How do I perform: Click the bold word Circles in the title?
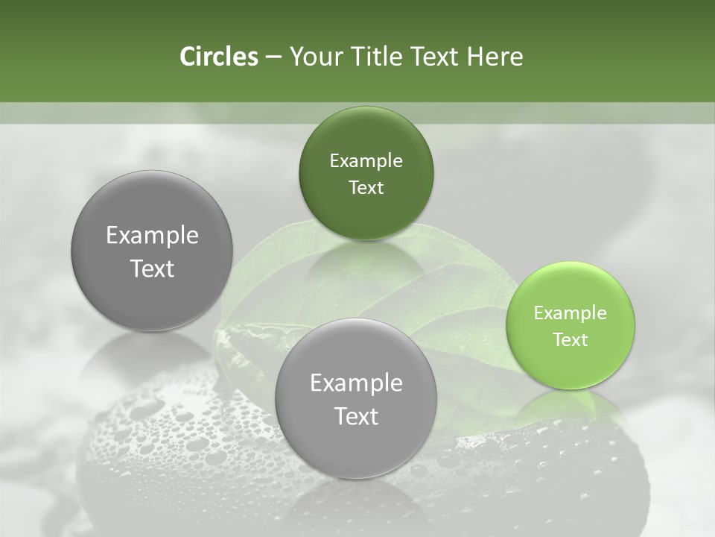(218, 57)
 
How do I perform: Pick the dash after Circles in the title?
(273, 57)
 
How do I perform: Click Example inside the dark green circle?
(366, 161)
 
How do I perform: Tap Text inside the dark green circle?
(366, 187)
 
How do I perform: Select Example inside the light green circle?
(570, 313)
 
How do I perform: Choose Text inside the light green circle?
(570, 339)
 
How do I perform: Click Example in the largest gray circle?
(152, 236)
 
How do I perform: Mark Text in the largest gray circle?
(152, 268)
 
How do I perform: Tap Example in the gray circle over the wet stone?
(356, 383)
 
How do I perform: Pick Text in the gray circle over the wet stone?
(356, 416)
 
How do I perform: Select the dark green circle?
(366, 134)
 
